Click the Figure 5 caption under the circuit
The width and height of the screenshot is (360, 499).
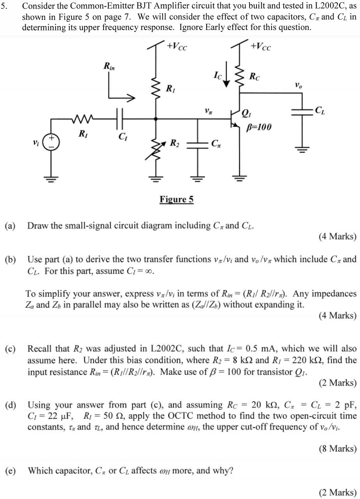pos(176,200)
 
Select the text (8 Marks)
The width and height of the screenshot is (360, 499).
pos(337,448)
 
